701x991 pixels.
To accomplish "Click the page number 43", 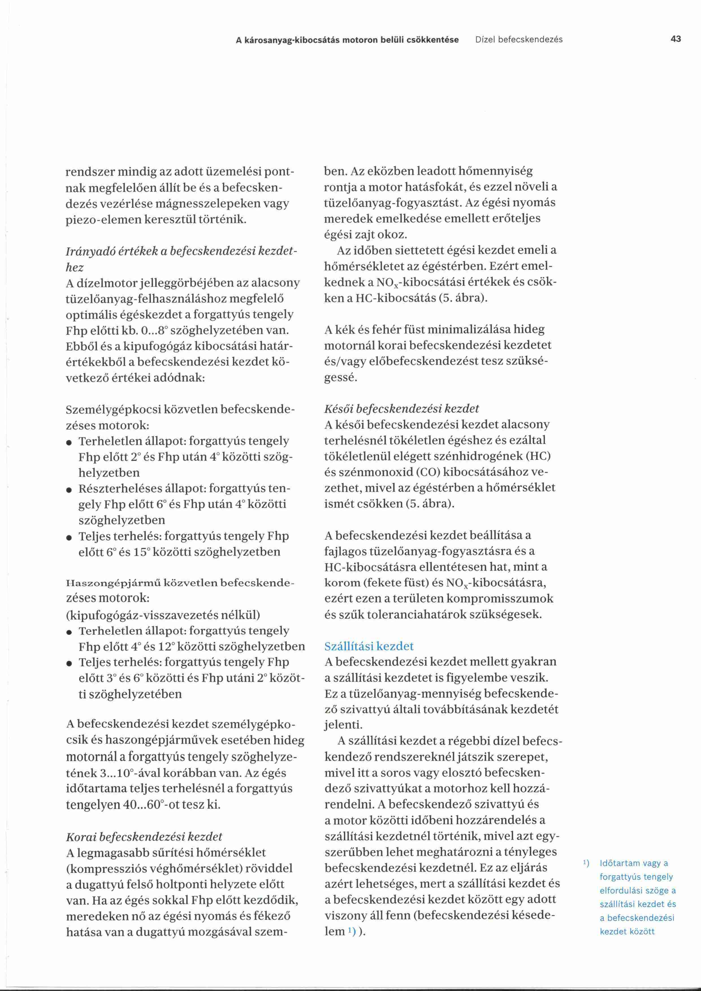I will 676,39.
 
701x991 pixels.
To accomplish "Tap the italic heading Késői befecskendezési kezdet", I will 401,408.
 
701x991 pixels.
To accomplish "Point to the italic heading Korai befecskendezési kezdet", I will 144,836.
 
